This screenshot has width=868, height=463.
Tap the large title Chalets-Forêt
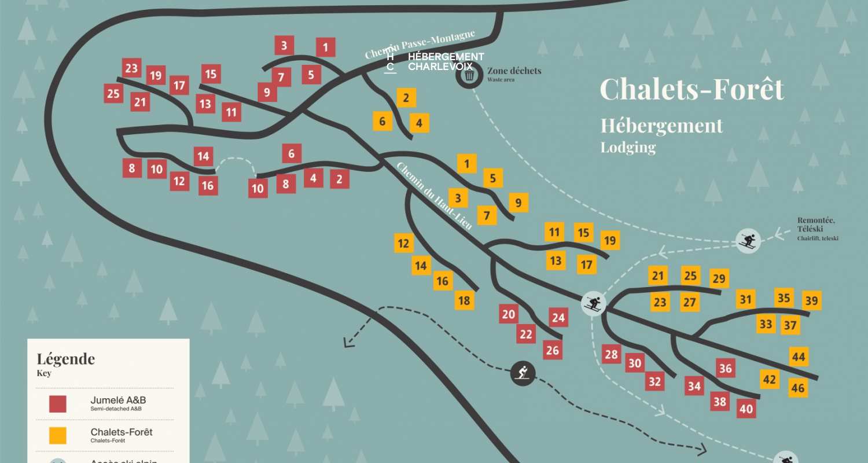point(692,89)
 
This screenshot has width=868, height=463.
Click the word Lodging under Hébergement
point(628,147)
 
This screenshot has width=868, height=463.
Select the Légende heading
point(65,359)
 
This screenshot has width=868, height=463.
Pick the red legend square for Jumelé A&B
point(57,403)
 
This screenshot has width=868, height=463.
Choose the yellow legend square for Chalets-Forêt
point(57,435)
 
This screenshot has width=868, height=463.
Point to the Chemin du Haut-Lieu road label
point(434,196)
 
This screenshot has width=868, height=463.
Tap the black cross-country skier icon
point(523,372)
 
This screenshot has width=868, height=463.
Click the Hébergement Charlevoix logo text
point(446,61)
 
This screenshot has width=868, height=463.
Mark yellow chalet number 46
point(798,388)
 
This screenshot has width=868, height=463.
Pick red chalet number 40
point(746,409)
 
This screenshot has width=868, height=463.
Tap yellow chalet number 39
point(811,301)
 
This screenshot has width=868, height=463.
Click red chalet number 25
point(113,94)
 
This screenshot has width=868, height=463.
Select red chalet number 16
point(208,186)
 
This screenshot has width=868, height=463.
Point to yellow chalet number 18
point(464,300)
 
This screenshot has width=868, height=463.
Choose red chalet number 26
point(553,350)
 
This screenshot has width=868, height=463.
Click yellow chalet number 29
point(719,279)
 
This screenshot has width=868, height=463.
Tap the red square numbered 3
point(284,45)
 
